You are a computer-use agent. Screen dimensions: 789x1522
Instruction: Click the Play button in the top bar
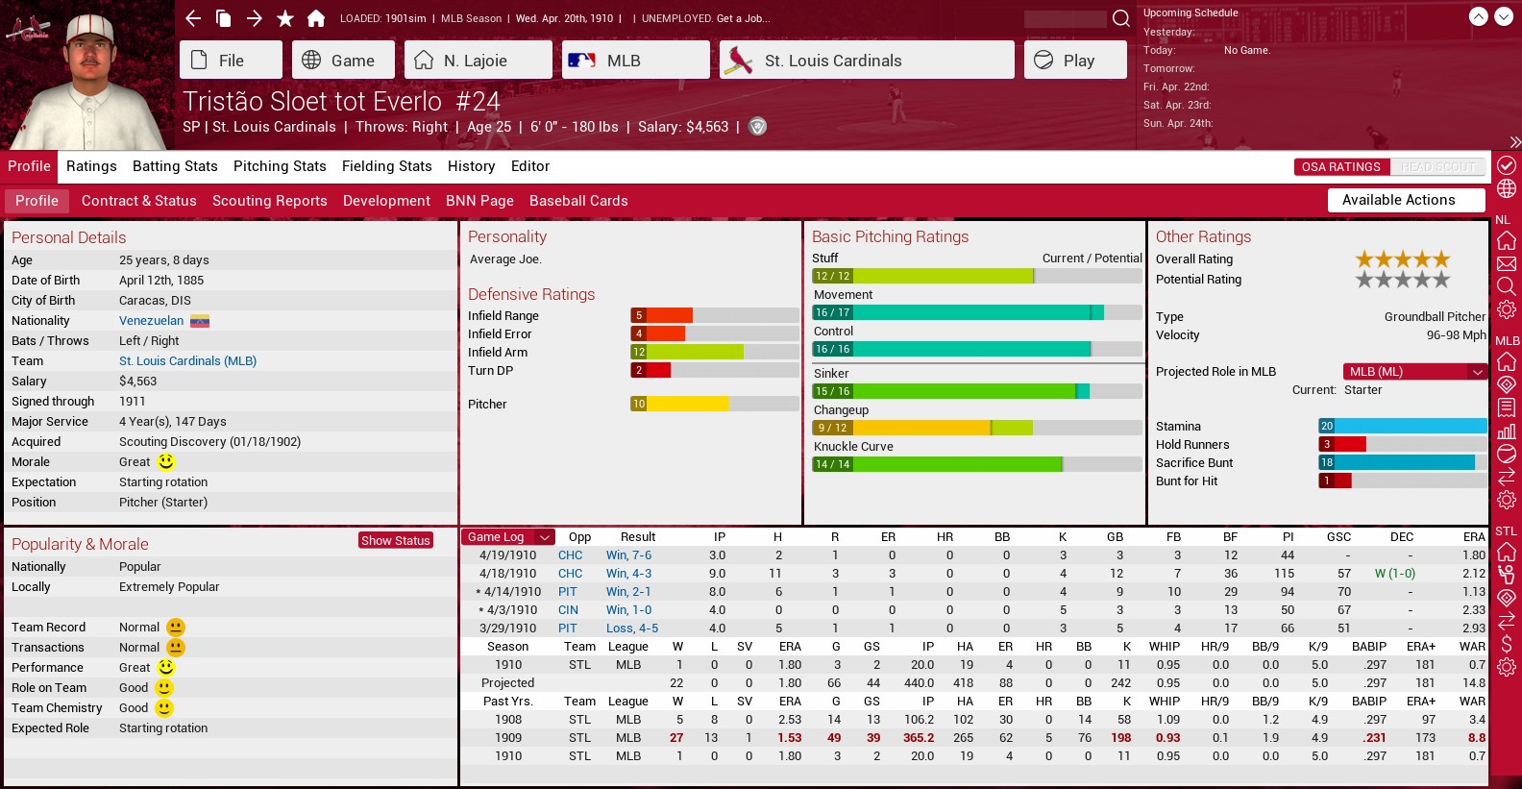pos(1074,60)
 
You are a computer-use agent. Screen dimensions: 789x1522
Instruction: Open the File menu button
pos(230,60)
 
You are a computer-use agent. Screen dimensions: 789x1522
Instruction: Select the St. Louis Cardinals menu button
pos(867,60)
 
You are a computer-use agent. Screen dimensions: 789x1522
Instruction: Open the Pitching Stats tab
pos(280,166)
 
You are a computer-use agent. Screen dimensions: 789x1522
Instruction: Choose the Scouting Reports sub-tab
pos(269,201)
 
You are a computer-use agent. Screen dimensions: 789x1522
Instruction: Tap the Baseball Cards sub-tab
pos(578,201)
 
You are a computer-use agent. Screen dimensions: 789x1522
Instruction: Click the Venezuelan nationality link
pos(151,321)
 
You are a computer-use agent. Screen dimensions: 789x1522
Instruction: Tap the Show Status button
pos(396,540)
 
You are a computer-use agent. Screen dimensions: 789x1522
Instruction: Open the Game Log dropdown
pos(508,537)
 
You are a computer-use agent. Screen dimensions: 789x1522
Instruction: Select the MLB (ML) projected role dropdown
pos(1414,372)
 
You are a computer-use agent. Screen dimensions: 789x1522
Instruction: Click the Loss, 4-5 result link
pos(632,629)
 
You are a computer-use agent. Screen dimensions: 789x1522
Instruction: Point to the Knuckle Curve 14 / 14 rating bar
pos(937,464)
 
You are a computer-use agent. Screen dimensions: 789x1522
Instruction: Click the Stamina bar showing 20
pos(1402,426)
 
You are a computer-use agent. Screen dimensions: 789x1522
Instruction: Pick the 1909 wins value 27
pos(676,738)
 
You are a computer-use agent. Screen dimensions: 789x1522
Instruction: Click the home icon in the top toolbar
pos(315,18)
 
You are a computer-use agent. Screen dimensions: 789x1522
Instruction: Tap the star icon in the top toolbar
pos(285,18)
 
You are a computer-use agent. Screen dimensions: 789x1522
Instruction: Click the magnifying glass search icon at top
pos(1120,18)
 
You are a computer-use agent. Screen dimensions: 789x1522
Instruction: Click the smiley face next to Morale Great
pos(166,462)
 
